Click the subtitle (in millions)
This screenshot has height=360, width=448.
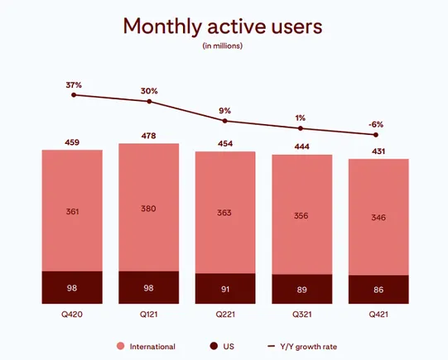[x=223, y=46]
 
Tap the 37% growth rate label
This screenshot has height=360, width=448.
[x=74, y=84]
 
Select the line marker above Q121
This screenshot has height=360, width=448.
[x=149, y=101]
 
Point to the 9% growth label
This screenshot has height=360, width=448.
[x=224, y=109]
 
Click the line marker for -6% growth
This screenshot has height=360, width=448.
[x=377, y=134]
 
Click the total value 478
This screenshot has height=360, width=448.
[x=148, y=135]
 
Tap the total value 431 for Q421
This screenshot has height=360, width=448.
[x=378, y=149]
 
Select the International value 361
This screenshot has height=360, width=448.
[x=72, y=212]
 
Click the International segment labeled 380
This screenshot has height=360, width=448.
[x=148, y=209]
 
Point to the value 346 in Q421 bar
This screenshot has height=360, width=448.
[x=378, y=217]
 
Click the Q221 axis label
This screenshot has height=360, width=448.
[x=224, y=314]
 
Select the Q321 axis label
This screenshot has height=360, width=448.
[x=301, y=314]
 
